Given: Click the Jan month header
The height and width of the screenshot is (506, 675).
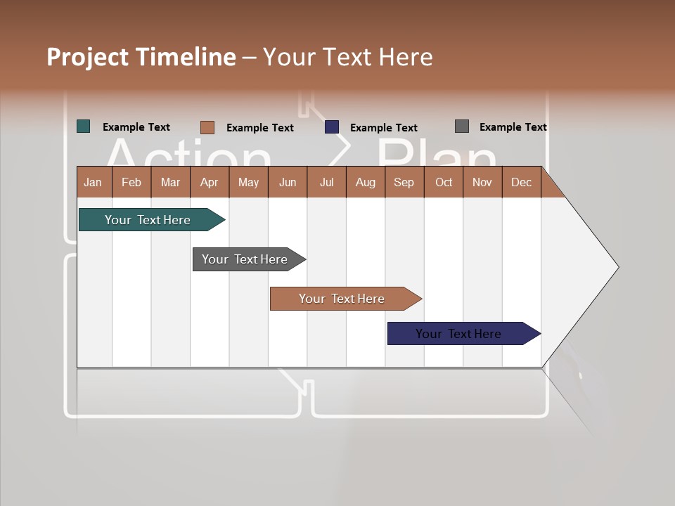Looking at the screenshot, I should [94, 182].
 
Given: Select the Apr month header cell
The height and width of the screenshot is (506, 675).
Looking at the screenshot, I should [210, 182].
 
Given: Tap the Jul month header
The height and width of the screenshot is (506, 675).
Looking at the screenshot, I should [326, 182].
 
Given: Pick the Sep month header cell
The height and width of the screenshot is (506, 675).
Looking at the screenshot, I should [404, 182].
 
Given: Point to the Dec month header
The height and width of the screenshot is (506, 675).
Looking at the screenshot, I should [521, 182].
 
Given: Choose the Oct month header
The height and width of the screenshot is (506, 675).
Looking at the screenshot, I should [444, 182].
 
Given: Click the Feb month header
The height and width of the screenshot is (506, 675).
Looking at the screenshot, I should [131, 182].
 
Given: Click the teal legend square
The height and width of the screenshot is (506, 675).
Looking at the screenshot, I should [84, 126].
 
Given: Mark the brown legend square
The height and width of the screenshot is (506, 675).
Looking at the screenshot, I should [207, 127].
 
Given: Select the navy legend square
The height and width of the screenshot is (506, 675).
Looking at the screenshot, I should [332, 127].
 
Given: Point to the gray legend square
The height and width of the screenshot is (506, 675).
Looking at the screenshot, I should [462, 126].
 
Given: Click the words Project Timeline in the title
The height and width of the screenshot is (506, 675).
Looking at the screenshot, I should [141, 57].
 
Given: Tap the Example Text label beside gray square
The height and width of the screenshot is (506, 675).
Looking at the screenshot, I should [513, 127].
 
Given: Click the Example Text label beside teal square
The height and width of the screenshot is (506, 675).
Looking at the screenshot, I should [136, 127].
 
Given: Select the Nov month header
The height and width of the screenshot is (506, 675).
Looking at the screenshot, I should [482, 182].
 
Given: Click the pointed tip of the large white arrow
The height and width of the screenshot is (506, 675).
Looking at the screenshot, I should [617, 267].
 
